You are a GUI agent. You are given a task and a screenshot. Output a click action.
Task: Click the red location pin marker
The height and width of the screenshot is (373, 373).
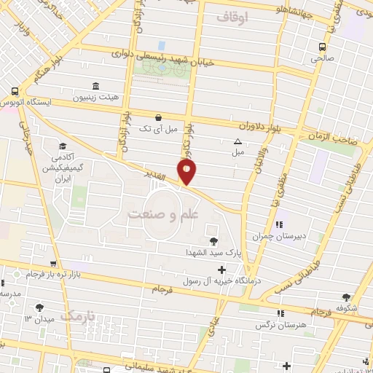187,172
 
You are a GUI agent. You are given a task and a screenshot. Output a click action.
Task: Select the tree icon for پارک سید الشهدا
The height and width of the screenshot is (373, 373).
213,241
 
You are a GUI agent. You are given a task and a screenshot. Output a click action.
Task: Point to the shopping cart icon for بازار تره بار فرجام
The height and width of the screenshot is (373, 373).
52,264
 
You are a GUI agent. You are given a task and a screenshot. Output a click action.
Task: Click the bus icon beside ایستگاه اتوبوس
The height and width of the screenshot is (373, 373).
15,92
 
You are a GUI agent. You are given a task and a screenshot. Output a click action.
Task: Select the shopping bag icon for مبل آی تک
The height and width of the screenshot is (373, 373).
158,117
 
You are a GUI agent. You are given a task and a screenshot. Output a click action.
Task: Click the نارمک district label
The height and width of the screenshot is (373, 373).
79,316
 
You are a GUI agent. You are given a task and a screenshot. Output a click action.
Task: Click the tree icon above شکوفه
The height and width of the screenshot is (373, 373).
346,297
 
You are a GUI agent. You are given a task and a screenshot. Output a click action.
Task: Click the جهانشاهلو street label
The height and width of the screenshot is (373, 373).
286,12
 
